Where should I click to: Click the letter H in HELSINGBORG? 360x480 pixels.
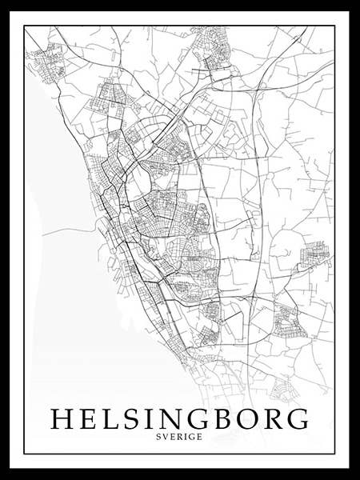(x=62, y=419)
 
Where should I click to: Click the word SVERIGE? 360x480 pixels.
(x=180, y=436)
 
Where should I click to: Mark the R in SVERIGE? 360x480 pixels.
(x=181, y=436)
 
